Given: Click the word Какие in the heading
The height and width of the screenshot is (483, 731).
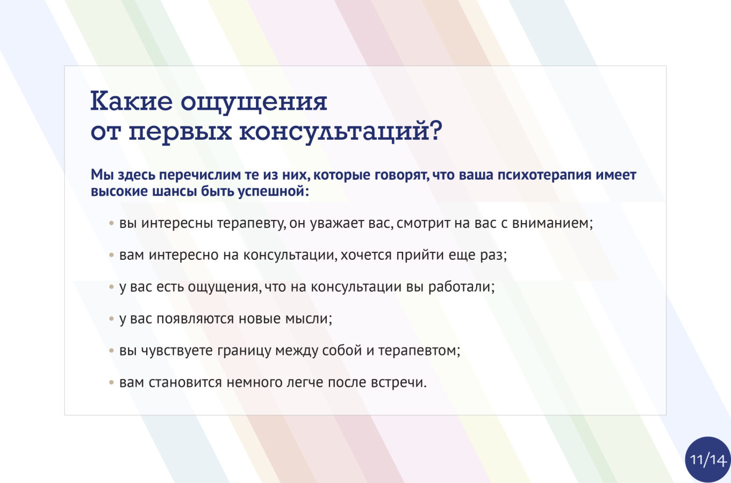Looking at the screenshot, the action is pyautogui.click(x=131, y=101).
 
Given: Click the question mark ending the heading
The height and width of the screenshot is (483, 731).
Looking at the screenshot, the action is pyautogui.click(x=436, y=130).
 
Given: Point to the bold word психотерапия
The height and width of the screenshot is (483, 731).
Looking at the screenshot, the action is pyautogui.click(x=544, y=175).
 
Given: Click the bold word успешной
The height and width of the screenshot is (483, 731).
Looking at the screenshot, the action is pyautogui.click(x=274, y=191).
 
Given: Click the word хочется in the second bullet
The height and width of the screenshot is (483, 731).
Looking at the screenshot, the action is pyautogui.click(x=366, y=255).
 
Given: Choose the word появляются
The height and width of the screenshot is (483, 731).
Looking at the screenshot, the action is pyautogui.click(x=195, y=319).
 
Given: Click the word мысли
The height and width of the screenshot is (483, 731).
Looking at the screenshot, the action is pyautogui.click(x=309, y=319).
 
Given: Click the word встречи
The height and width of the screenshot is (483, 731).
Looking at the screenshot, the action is pyautogui.click(x=399, y=382).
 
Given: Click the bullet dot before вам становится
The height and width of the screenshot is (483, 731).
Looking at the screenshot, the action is pyautogui.click(x=112, y=382).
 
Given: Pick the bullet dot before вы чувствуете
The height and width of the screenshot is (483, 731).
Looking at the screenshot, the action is pyautogui.click(x=112, y=351).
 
